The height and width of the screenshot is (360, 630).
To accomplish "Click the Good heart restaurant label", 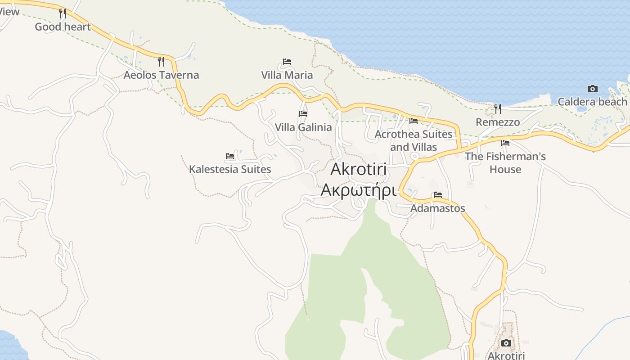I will point(63,27).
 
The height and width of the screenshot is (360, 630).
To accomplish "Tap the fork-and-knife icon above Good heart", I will point(63,13).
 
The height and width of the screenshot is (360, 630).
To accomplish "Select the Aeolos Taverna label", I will point(161,75).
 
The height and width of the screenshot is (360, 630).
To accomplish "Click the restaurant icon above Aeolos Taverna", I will point(161,62).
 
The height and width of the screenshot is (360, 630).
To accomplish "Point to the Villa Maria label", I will point(287,75).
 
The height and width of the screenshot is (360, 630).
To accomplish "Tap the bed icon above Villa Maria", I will point(287,62).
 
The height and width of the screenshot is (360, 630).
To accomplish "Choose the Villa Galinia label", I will point(303,127).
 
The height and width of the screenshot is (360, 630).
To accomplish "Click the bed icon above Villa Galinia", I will point(303,114).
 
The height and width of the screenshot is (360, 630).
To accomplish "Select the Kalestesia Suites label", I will point(230,169).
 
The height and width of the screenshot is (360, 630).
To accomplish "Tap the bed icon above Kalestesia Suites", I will point(230,156).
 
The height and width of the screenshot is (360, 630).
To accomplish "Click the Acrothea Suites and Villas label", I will point(414,140).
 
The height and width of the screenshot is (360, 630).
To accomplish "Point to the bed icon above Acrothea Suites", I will point(414,121).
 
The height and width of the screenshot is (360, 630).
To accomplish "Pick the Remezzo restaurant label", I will point(498,122).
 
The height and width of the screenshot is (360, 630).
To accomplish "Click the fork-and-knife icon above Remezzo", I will point(498,109).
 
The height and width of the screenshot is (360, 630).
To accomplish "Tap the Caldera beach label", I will point(592,102).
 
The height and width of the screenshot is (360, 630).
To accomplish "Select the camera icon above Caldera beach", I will point(593,89).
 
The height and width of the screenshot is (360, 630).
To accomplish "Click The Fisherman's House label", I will point(505,162).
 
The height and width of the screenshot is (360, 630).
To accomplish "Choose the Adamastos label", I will point(437,208).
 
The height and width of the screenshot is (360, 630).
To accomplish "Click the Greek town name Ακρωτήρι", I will point(359,190).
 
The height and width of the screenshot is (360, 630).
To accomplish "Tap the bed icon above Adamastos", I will point(437,195).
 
